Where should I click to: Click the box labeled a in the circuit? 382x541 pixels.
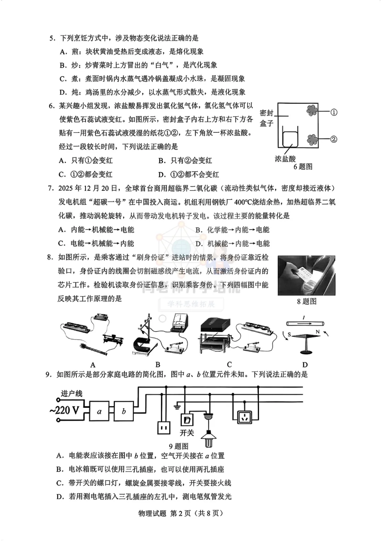99,411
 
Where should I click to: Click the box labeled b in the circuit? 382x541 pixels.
124,411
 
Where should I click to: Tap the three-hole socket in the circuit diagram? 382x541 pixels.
244,417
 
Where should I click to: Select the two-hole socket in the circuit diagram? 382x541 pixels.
164,428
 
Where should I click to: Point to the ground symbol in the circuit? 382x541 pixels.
177,407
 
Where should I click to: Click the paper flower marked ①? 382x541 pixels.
312,111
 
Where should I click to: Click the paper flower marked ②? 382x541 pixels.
312,140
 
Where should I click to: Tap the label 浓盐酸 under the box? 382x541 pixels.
285,159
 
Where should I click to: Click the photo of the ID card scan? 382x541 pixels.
306,275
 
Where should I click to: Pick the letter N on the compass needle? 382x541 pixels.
318,332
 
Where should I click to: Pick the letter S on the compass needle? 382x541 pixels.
289,335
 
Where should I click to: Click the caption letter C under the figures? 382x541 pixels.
229,365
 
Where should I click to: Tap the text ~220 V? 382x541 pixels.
64,410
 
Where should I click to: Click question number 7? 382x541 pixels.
51,188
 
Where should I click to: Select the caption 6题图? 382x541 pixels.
303,167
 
